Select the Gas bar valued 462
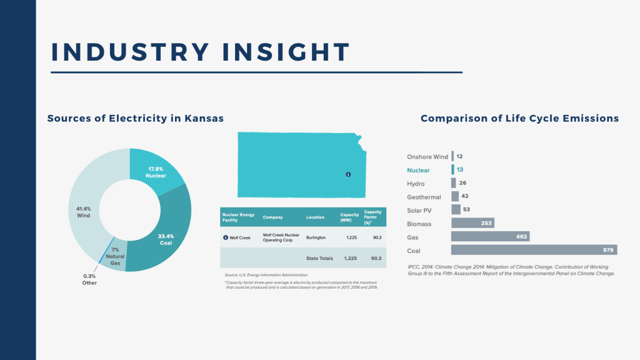[x=490, y=237]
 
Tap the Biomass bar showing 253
[x=472, y=223]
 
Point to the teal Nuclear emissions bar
[x=453, y=169]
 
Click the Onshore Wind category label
[x=427, y=156]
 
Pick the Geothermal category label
[x=424, y=197]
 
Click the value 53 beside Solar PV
[x=467, y=209]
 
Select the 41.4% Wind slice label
[x=82, y=212]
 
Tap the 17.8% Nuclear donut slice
[x=157, y=172]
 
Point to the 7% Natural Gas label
[x=115, y=256]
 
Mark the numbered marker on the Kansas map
[x=348, y=174]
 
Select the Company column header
[x=272, y=217]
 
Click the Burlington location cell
[x=316, y=238]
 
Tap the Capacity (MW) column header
[x=349, y=217]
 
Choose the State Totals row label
[x=319, y=258]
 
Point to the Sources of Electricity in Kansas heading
[x=136, y=118]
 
